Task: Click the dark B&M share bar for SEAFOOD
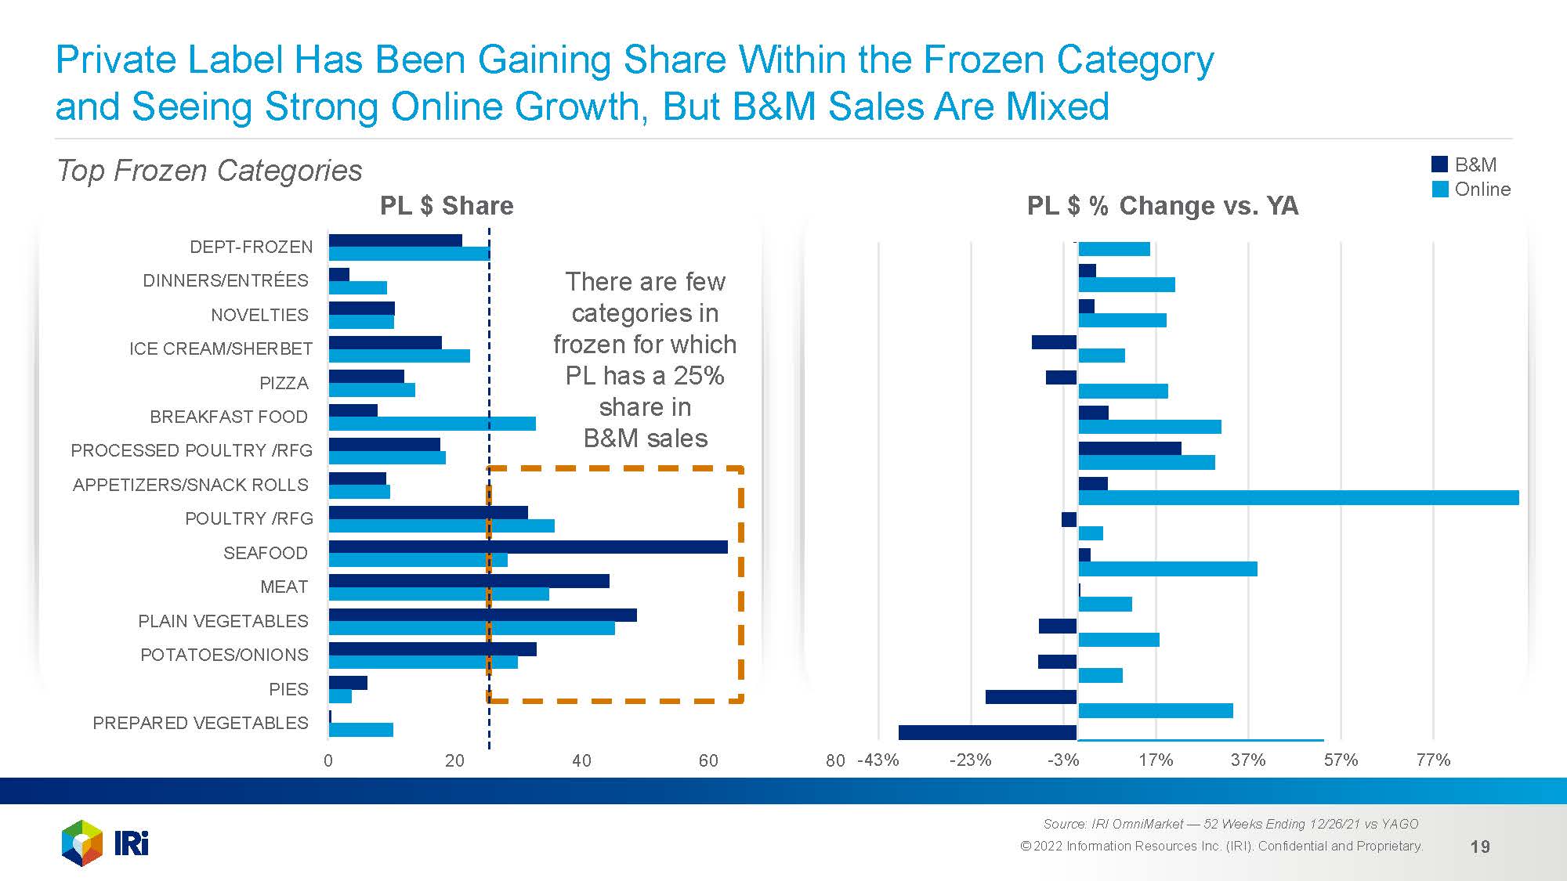tap(528, 547)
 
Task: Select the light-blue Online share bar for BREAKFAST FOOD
tap(432, 424)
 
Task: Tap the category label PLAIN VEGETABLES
tap(223, 621)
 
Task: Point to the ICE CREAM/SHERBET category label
tap(221, 348)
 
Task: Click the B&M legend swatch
tap(1439, 164)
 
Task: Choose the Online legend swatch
tap(1439, 190)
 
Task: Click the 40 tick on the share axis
tap(581, 760)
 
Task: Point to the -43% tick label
tap(878, 760)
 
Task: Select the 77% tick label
tap(1433, 760)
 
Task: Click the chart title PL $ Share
tap(447, 206)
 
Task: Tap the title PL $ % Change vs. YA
tap(1163, 206)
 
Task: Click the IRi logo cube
tap(81, 843)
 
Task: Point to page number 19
tap(1480, 847)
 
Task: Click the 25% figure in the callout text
tap(698, 376)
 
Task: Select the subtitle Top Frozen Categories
tap(209, 171)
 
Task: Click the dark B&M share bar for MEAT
tap(469, 581)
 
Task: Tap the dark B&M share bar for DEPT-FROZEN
tap(395, 240)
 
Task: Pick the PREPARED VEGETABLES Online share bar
tap(361, 730)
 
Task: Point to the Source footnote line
tap(1230, 824)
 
